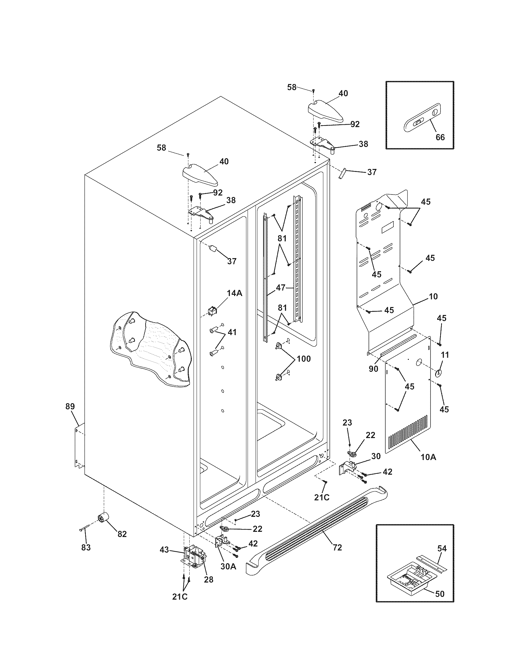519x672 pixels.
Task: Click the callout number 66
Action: click(x=440, y=137)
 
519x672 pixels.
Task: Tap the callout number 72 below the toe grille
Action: click(x=337, y=548)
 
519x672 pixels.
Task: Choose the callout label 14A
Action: click(x=234, y=293)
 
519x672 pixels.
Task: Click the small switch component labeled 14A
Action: click(x=212, y=311)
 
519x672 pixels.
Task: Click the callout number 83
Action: click(x=86, y=548)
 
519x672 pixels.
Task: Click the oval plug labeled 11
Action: click(x=438, y=373)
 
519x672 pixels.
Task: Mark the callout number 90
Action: click(x=374, y=369)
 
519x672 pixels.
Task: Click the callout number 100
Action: click(x=303, y=359)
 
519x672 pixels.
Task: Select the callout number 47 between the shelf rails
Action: click(x=281, y=288)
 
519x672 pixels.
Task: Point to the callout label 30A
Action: click(x=228, y=566)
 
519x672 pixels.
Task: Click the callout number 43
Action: click(x=165, y=549)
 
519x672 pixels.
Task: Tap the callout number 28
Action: click(x=209, y=580)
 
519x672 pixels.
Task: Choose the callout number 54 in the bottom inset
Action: click(x=442, y=548)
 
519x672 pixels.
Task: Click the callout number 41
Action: click(x=232, y=332)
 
